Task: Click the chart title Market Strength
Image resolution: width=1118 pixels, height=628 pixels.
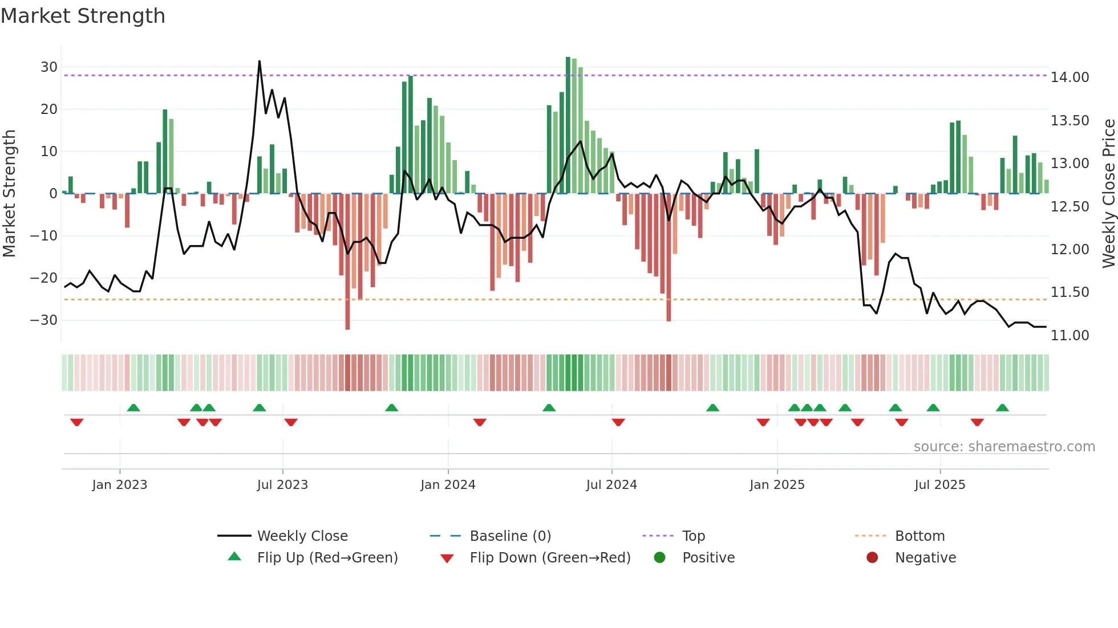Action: tap(83, 16)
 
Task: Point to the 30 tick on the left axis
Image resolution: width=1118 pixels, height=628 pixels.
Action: tap(49, 67)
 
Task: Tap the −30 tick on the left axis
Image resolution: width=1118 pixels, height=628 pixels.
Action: tap(44, 320)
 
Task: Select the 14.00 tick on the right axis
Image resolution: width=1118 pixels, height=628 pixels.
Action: tap(1070, 78)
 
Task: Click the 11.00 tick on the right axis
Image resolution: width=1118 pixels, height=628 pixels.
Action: tap(1070, 336)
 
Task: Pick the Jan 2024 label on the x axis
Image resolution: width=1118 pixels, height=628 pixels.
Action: tap(448, 485)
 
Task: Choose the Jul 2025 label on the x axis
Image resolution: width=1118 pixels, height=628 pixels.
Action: tap(939, 485)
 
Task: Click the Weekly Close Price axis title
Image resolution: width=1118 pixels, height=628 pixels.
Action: tap(1108, 194)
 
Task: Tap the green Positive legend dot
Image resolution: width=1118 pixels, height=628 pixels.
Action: tap(659, 558)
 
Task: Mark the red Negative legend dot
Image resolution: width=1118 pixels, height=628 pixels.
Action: tap(872, 558)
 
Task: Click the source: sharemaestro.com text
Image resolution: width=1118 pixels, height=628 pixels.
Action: tap(1004, 447)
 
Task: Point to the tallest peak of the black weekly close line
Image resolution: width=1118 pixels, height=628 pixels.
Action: tap(260, 62)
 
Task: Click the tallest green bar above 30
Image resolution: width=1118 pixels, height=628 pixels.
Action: tap(568, 125)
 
